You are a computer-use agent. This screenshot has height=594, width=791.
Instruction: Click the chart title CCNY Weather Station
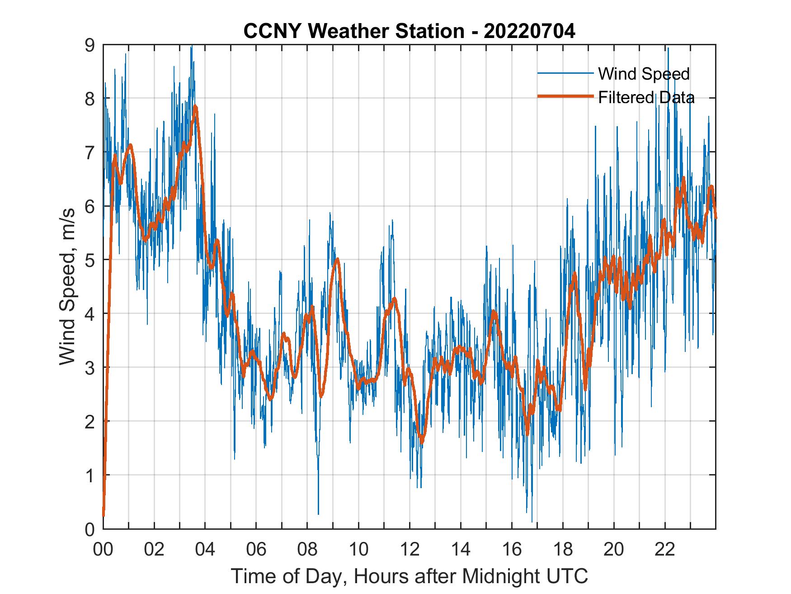click(353, 31)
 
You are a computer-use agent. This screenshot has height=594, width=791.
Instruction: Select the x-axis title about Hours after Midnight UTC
click(409, 576)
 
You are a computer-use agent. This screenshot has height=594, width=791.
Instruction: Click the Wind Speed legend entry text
click(644, 74)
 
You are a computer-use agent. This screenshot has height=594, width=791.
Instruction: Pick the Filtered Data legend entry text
click(646, 97)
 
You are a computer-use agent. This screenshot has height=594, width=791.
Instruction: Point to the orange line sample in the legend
click(565, 97)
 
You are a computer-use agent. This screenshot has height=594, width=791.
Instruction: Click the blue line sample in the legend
click(565, 73)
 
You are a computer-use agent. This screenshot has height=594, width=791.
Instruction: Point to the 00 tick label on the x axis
click(103, 550)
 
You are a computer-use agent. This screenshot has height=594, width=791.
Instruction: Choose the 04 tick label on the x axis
click(205, 550)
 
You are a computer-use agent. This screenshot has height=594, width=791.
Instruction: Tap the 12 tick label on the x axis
click(410, 550)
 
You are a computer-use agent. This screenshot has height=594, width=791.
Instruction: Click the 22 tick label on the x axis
click(665, 550)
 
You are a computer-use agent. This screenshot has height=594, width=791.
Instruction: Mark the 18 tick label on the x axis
click(563, 550)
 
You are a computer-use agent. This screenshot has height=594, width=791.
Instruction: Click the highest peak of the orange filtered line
click(195, 107)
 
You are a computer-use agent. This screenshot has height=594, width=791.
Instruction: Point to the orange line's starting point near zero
click(104, 515)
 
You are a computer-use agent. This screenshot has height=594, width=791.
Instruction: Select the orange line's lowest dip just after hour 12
click(422, 441)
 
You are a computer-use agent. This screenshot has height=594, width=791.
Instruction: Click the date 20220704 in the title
click(529, 31)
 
